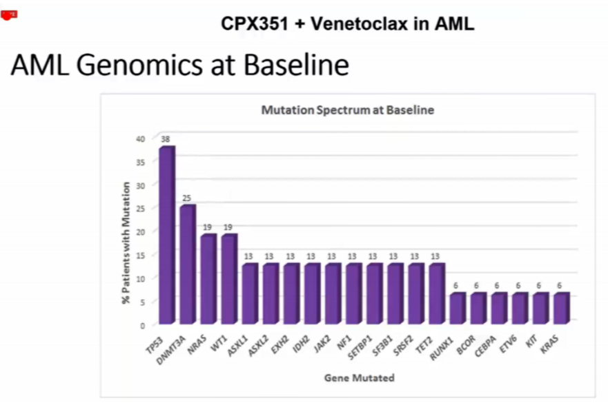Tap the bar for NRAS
coord(208,278)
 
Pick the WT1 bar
coord(229,278)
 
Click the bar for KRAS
coord(561,308)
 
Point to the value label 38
coord(166,139)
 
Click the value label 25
coord(186,198)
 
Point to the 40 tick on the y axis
coord(141,138)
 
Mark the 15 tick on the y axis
coord(141,255)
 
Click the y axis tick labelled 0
coord(143,324)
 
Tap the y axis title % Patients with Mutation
coord(126,242)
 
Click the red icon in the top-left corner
coord(8,14)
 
